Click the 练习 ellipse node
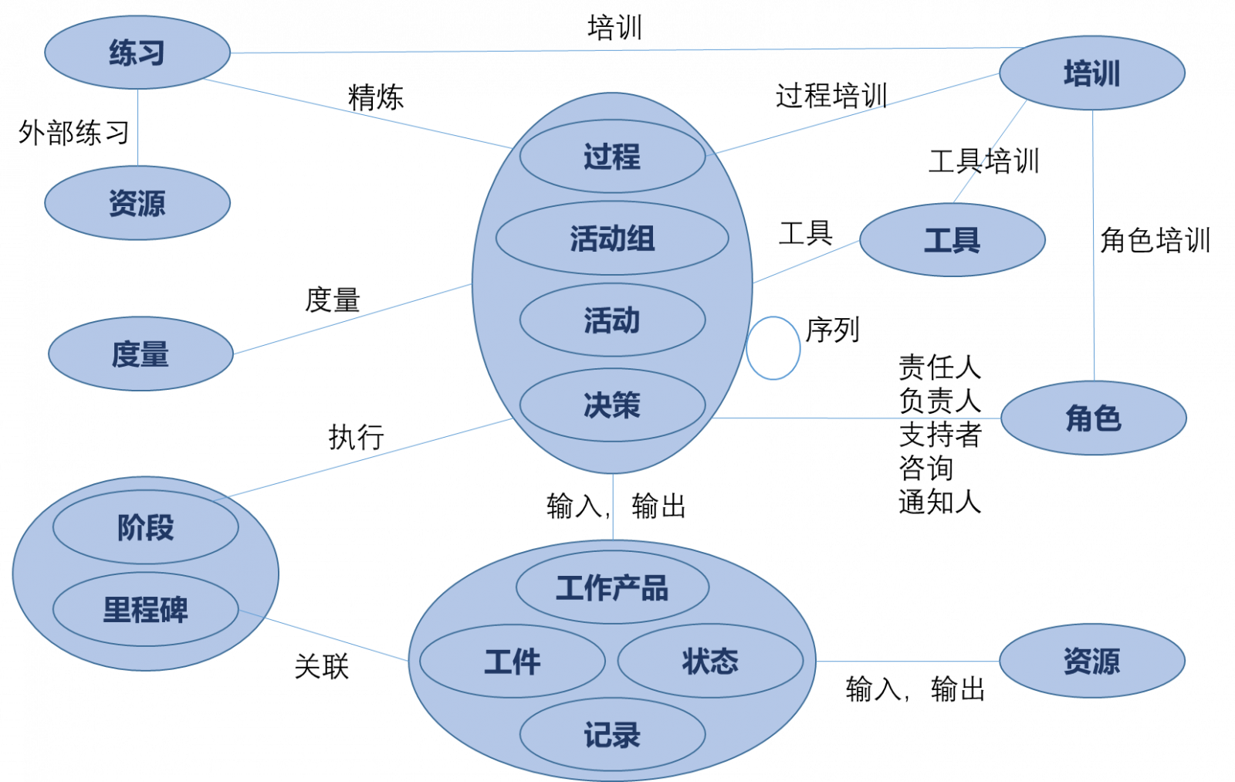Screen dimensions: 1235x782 click(137, 52)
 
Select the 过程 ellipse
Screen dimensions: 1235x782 click(613, 156)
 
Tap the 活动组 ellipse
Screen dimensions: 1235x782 click(612, 238)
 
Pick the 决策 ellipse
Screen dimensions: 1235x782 click(613, 405)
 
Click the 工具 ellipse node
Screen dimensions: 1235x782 click(952, 240)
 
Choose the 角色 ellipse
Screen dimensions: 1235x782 click(1093, 418)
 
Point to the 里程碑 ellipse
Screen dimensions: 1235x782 click(146, 609)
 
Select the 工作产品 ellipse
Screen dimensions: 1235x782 click(613, 587)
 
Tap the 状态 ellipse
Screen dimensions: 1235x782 click(710, 661)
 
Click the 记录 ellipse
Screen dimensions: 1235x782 click(613, 734)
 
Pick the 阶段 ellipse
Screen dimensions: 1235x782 click(146, 526)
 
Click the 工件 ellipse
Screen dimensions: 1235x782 click(513, 662)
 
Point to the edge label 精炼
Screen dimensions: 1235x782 click(375, 97)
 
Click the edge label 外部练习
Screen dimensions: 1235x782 click(74, 132)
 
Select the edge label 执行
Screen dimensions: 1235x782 click(356, 438)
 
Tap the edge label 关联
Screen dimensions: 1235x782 click(322, 666)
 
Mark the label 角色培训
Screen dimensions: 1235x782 click(1155, 240)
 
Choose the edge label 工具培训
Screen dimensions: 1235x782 click(983, 161)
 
